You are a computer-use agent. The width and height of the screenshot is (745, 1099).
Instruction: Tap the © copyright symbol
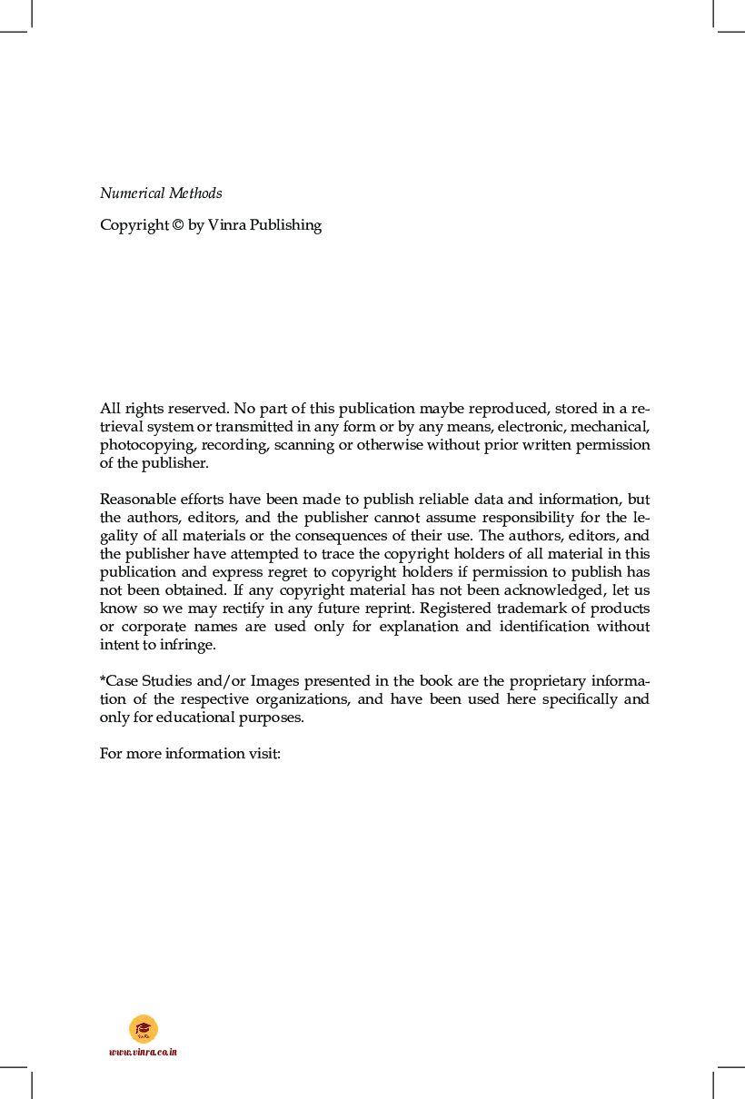point(177,225)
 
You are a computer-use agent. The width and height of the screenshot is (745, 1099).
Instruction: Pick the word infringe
point(189,645)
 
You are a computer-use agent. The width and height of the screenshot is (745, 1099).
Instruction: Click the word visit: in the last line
point(263,754)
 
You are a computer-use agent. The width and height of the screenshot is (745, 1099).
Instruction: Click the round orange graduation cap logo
point(144,1028)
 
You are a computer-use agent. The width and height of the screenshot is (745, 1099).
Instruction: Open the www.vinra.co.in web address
point(144,1052)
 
